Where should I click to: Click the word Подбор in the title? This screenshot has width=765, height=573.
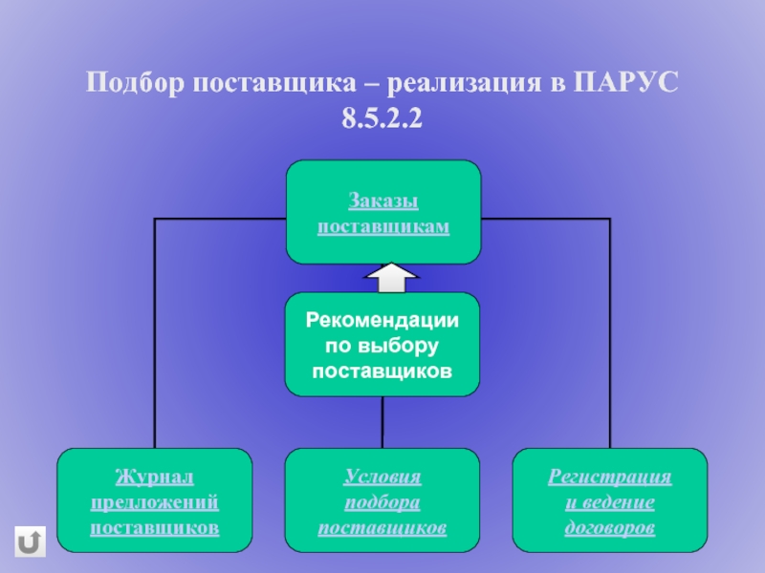[x=136, y=83]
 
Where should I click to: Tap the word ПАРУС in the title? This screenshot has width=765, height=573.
[x=626, y=83]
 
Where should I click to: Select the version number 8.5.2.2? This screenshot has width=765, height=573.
[x=382, y=120]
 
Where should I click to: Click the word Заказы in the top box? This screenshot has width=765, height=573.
[x=382, y=202]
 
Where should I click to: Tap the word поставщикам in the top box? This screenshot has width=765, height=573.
[x=382, y=226]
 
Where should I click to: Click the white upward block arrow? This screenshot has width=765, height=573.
[x=392, y=278]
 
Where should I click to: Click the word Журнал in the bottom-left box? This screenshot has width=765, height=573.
[x=155, y=476]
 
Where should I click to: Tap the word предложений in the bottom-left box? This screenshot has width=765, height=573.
[x=155, y=501]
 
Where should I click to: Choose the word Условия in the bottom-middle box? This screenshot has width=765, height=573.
[x=382, y=476]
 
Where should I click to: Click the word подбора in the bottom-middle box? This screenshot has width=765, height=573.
[x=382, y=501]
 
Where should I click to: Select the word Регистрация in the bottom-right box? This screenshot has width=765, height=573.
[x=610, y=476]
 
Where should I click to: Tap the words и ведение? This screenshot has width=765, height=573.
[x=610, y=501]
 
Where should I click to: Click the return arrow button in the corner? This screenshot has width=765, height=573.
[x=31, y=541]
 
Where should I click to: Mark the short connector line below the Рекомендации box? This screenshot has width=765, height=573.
[x=382, y=421]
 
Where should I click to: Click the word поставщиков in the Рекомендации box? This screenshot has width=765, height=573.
[x=382, y=368]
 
